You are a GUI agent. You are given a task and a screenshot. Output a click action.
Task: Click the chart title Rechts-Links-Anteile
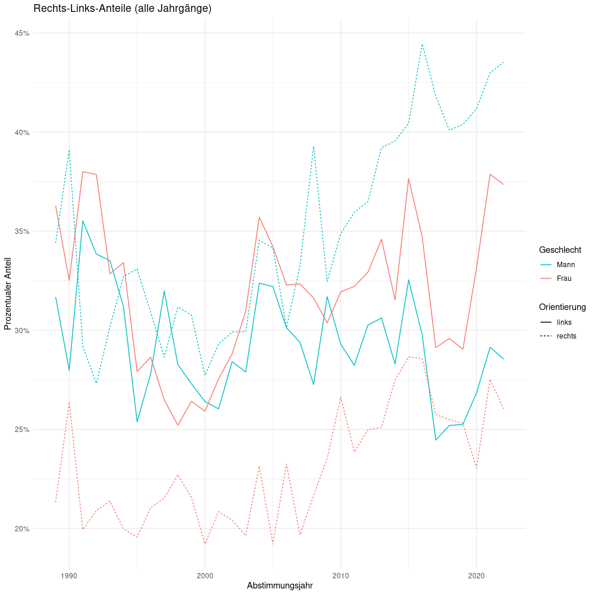pos(123,9)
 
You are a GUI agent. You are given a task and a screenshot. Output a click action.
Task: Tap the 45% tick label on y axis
pos(22,33)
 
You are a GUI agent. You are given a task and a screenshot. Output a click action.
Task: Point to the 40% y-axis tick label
pos(22,132)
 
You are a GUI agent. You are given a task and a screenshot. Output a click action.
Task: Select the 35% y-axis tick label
pos(22,231)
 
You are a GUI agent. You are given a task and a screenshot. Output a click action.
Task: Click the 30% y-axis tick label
pos(22,330)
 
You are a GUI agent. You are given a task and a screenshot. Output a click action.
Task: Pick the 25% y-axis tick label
pos(22,430)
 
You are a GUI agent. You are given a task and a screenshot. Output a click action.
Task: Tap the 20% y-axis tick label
pos(22,529)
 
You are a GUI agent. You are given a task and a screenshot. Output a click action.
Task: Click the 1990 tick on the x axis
pos(69,575)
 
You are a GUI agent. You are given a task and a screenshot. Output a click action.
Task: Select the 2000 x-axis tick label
pos(205,575)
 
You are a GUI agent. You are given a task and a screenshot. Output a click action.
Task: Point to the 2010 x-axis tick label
pos(340,575)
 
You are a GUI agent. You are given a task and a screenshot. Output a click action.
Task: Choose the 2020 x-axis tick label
pos(476,575)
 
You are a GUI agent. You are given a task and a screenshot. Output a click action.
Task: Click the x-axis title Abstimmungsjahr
pos(280,585)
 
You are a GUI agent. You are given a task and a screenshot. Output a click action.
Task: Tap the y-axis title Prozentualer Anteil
pos(8,294)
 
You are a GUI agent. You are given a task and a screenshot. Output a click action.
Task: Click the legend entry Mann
pos(565,265)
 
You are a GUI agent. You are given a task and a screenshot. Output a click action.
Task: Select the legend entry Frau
pos(564,278)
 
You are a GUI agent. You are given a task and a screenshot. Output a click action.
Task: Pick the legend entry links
pos(564,322)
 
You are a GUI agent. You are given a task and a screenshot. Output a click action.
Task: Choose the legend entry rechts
pos(566,336)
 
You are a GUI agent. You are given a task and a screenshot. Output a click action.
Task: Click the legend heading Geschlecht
pos(560,250)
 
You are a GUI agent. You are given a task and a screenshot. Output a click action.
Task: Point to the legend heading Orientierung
pos(562,307)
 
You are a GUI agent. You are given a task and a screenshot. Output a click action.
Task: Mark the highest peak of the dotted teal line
pos(422,44)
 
